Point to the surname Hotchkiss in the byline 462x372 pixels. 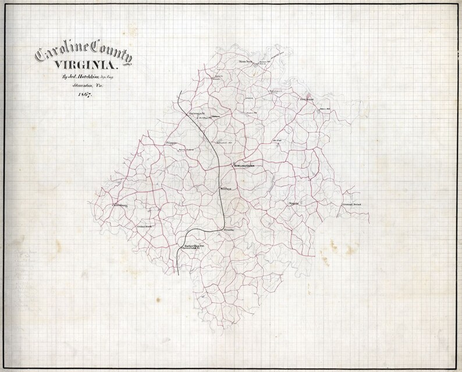coord(86,77)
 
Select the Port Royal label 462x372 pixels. coord(306,99)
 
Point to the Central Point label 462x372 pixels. coord(353,205)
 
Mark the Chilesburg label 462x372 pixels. coord(123,205)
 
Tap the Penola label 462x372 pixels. coord(229,231)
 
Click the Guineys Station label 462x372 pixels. coord(197,114)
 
